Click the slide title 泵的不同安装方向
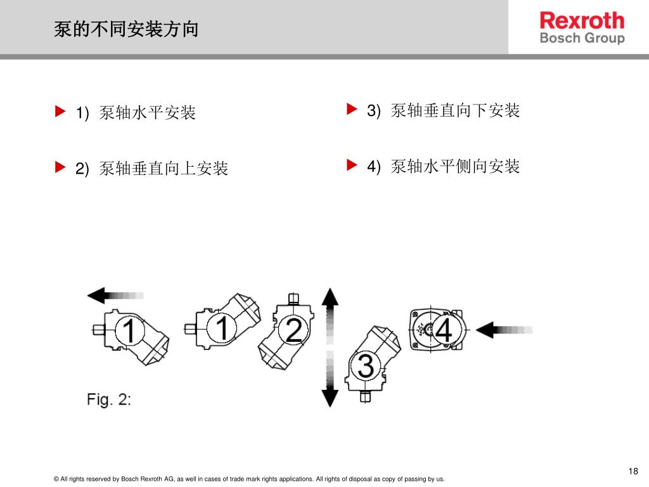pos(126,29)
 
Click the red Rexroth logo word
pos(582,20)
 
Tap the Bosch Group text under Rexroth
pos(582,38)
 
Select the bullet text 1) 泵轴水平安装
pos(136,114)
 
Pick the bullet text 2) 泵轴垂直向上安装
pos(151,169)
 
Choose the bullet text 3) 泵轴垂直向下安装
pos(443,111)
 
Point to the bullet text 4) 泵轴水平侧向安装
pos(443,167)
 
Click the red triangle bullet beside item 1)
pos(60,113)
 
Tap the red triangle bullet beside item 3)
pos(352,110)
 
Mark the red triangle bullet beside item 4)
pos(352,166)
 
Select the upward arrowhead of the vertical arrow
pos(330,297)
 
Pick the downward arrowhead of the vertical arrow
pos(330,397)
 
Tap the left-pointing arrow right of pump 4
pos(503,330)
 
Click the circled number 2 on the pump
pos(293,330)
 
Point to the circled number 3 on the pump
pos(366,365)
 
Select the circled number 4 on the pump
pos(444,330)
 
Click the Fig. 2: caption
pos(108,400)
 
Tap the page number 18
pos(633,471)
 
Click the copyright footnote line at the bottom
pos(249,479)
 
